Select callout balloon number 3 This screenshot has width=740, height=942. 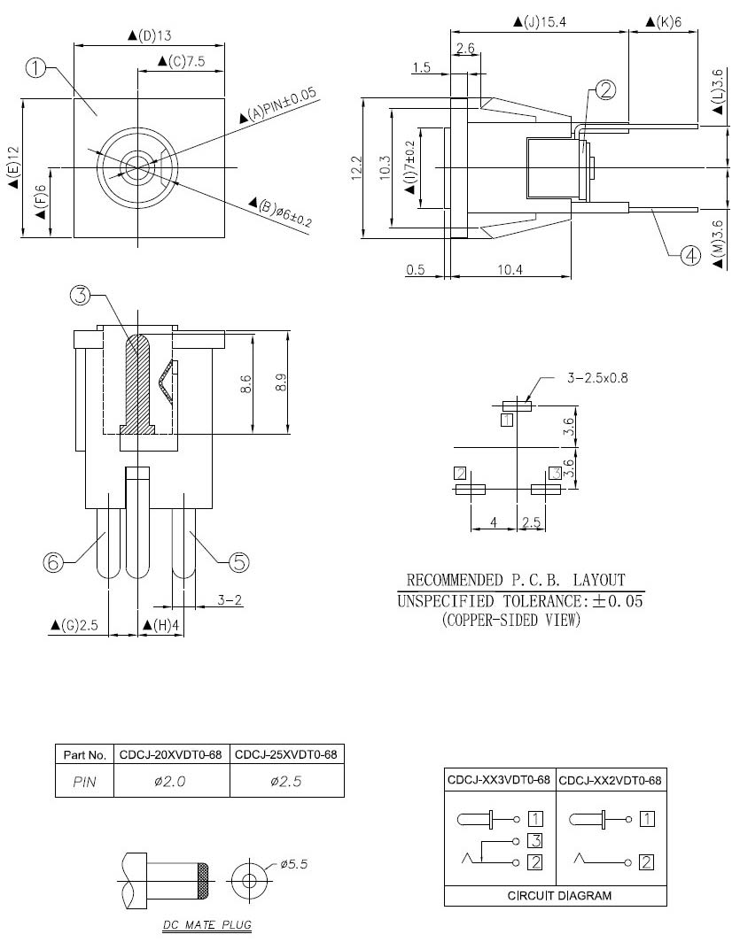tap(82, 297)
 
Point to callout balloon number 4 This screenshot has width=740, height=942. tap(690, 257)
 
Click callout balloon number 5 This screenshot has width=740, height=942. tap(239, 561)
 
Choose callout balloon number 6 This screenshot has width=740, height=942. tap(54, 561)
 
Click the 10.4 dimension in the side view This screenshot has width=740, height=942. tap(509, 269)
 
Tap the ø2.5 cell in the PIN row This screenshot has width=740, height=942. tap(286, 781)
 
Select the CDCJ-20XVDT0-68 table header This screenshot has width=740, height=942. tap(171, 755)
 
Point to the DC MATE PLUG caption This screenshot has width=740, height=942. tap(206, 926)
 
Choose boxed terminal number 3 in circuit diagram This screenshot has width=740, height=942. tap(534, 839)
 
